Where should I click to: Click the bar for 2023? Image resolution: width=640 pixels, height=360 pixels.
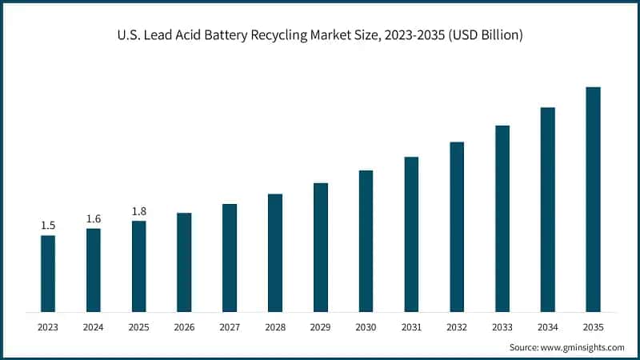tap(48, 273)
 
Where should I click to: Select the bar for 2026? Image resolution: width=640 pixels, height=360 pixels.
tap(184, 262)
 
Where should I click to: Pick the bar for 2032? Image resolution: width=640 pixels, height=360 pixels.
tap(457, 226)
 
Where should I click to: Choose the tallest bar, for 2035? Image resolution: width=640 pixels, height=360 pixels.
tap(593, 199)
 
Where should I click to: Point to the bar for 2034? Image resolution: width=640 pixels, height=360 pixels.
tap(547, 209)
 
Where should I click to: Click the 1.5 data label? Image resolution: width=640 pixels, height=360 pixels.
tap(48, 226)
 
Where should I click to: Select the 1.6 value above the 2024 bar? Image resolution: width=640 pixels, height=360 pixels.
tap(94, 218)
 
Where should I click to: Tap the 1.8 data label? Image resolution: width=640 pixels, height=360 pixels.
tap(139, 211)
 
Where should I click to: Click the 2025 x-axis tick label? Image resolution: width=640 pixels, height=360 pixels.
tap(139, 327)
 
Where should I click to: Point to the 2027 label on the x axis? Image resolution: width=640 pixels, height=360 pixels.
tap(230, 327)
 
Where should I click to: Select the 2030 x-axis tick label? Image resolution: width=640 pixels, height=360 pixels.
tap(366, 327)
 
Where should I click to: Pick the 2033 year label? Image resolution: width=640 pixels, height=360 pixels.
tap(502, 327)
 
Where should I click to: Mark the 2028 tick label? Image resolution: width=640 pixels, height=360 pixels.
tap(275, 327)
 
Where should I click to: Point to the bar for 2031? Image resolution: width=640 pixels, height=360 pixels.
tap(411, 234)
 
